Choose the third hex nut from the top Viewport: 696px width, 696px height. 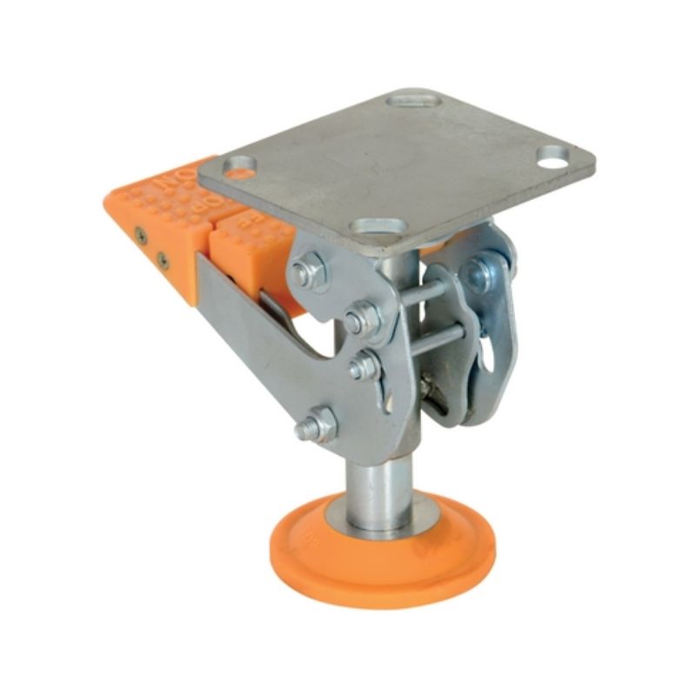click(x=363, y=365)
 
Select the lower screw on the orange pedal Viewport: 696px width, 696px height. click(x=162, y=258)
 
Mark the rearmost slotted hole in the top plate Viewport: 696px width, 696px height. click(x=413, y=97)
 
